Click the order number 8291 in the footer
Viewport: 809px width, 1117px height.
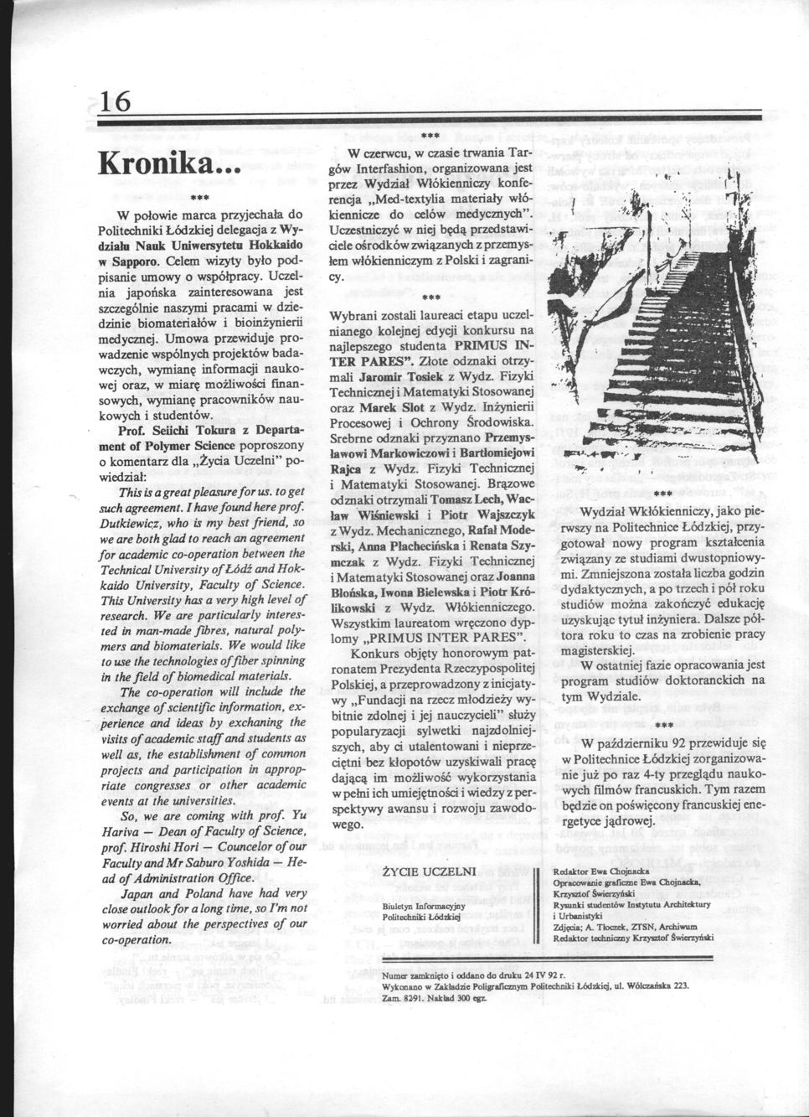pos(415,996)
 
